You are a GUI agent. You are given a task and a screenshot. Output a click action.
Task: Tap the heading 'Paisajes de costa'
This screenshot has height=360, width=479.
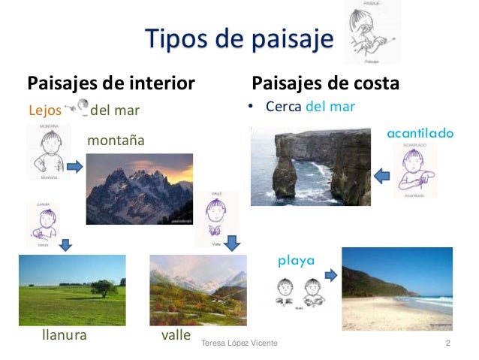(x=325, y=81)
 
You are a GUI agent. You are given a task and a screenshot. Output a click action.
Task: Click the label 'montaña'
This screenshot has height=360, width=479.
(x=116, y=141)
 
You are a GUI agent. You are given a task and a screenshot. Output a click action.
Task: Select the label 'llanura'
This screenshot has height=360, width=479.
(x=64, y=335)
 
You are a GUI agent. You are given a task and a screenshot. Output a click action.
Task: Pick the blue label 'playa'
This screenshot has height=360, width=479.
(x=296, y=262)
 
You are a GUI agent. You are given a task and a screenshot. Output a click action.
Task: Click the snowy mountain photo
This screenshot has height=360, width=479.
(x=139, y=189)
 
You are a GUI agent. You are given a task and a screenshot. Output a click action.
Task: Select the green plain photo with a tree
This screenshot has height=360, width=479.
(x=71, y=289)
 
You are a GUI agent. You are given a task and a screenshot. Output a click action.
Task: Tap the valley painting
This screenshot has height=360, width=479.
(x=197, y=289)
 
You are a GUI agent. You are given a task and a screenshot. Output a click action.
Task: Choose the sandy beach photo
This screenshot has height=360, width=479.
(x=397, y=289)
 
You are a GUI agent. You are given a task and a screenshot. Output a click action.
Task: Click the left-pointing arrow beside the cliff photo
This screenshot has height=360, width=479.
(x=383, y=176)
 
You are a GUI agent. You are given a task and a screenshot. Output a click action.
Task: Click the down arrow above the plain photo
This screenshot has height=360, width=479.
(x=66, y=244)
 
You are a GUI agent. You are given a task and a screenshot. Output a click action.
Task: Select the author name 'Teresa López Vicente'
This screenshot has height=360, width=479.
(x=239, y=343)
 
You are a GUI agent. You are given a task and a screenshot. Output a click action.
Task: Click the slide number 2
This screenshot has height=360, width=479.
(x=447, y=343)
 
